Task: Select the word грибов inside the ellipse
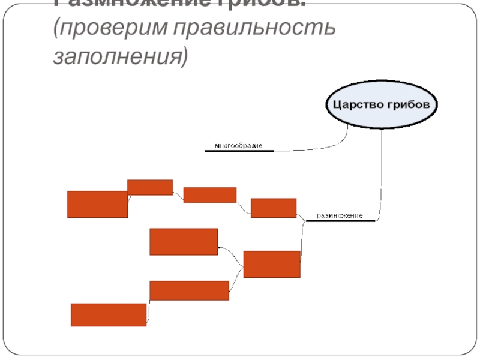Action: pos(409,104)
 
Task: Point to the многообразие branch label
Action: pos(239,146)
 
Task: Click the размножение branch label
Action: pos(340,215)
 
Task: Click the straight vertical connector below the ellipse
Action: pos(382,174)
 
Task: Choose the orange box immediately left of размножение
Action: pos(274,208)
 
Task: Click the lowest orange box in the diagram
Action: pos(109,314)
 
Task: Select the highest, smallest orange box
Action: pos(150,187)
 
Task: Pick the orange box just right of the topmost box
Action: pos(209,195)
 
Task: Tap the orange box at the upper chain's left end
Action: pos(97,204)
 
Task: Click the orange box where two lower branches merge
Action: pos(272,264)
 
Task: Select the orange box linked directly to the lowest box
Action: pos(189,290)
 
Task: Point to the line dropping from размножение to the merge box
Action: pos(302,240)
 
